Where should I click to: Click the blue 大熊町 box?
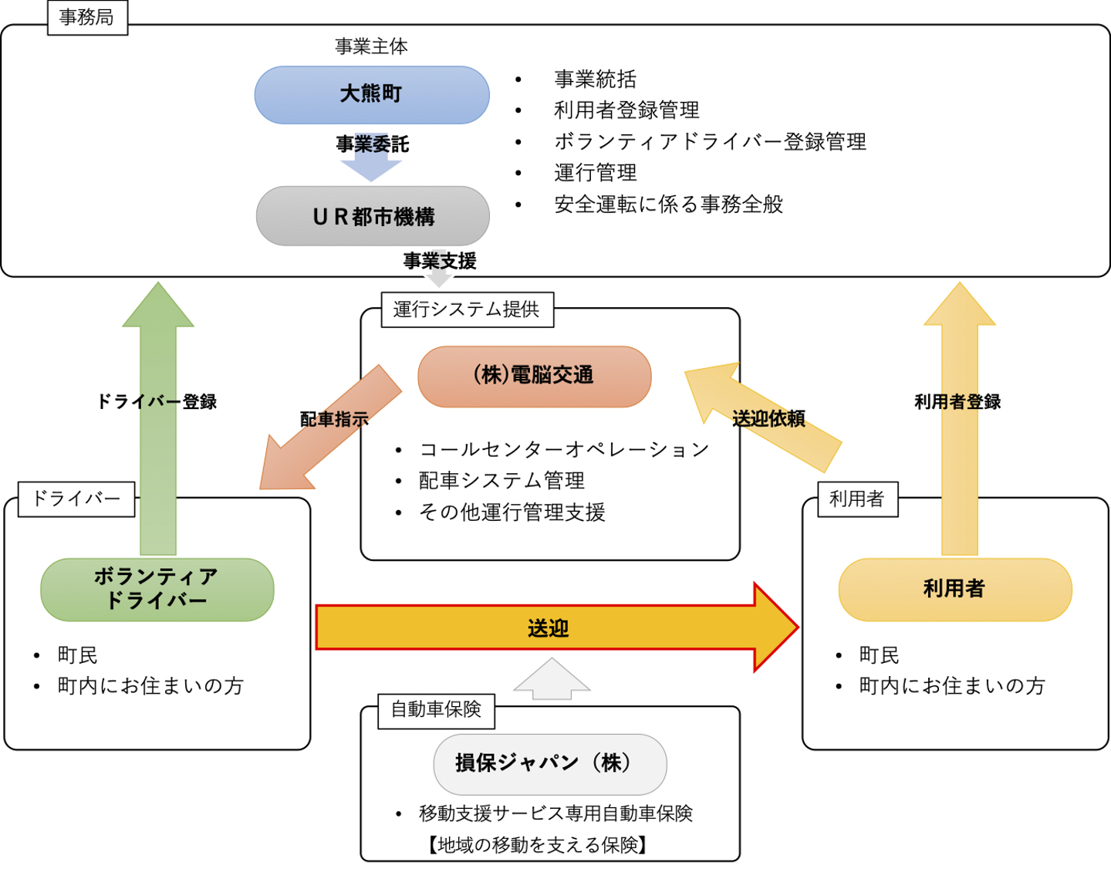372,95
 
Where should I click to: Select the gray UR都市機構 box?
373,216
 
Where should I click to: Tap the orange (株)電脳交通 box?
534,376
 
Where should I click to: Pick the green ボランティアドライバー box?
157,589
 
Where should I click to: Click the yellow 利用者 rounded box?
954,589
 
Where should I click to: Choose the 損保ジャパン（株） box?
549,763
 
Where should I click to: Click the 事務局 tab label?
87,17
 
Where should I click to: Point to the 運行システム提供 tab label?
467,309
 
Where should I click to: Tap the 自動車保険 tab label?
436,709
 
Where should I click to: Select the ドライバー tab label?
76,499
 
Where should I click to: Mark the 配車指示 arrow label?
334,419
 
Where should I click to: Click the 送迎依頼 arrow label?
768,419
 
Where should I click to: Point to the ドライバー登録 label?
157,401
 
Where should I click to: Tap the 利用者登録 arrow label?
957,401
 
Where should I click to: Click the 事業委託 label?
373,144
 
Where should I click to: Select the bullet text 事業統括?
595,79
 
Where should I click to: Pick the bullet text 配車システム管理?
501,481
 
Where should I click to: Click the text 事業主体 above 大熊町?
371,46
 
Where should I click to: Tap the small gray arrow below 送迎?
552,679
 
